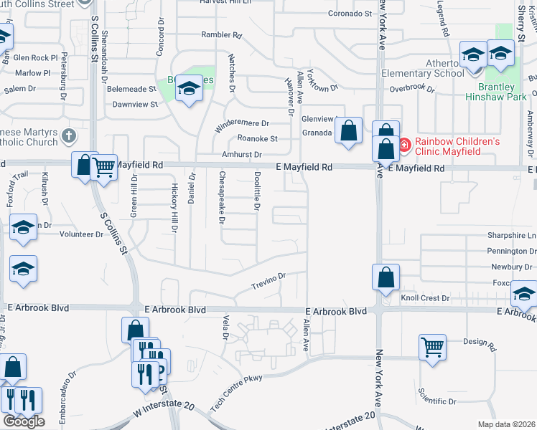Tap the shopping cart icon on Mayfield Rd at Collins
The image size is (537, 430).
(x=104, y=168)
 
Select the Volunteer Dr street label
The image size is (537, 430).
(x=81, y=234)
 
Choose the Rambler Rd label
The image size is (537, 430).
(x=221, y=34)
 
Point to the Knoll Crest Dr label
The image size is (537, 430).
(x=424, y=297)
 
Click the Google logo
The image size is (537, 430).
(x=23, y=421)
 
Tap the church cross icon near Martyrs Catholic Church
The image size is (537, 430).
(x=68, y=135)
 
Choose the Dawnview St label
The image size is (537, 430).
(x=135, y=105)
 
